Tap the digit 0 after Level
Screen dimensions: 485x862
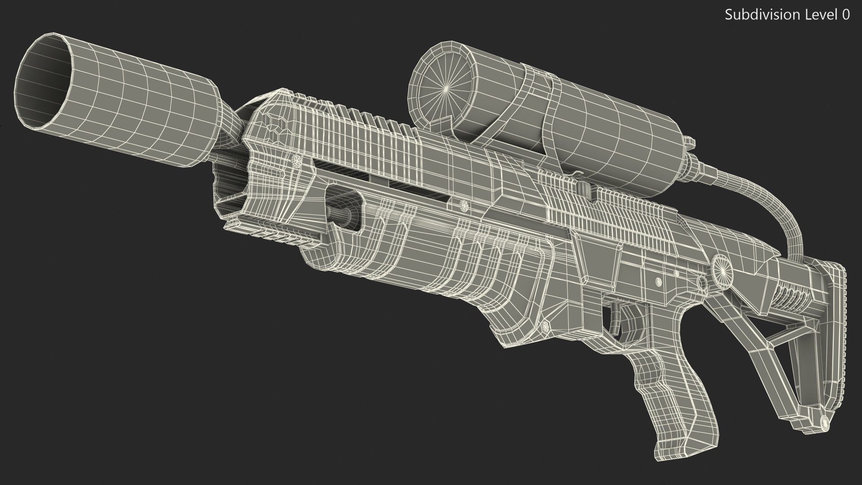coord(845,15)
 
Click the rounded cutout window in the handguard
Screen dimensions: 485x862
coord(344,210)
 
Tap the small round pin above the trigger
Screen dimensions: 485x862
coord(658,282)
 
